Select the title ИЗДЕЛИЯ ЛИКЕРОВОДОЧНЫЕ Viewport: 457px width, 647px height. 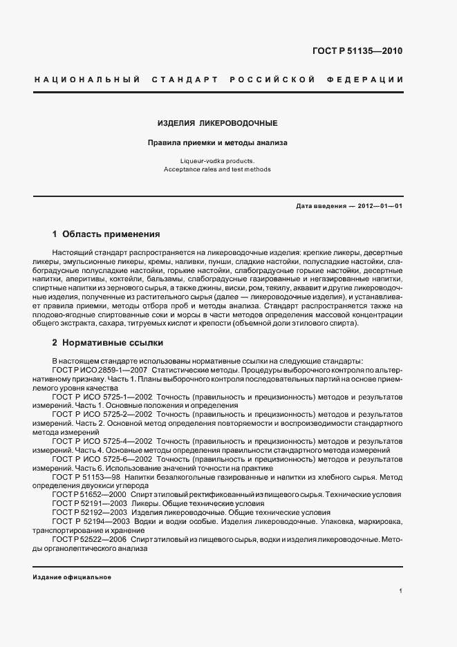217,123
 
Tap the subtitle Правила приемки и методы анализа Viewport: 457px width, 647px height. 217,144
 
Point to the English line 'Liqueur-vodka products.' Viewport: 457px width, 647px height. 217,161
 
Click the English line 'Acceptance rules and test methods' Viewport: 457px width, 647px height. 217,169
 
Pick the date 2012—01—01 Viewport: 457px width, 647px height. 380,206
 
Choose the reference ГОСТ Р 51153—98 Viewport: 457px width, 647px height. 84,477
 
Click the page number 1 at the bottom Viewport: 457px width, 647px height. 401,590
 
